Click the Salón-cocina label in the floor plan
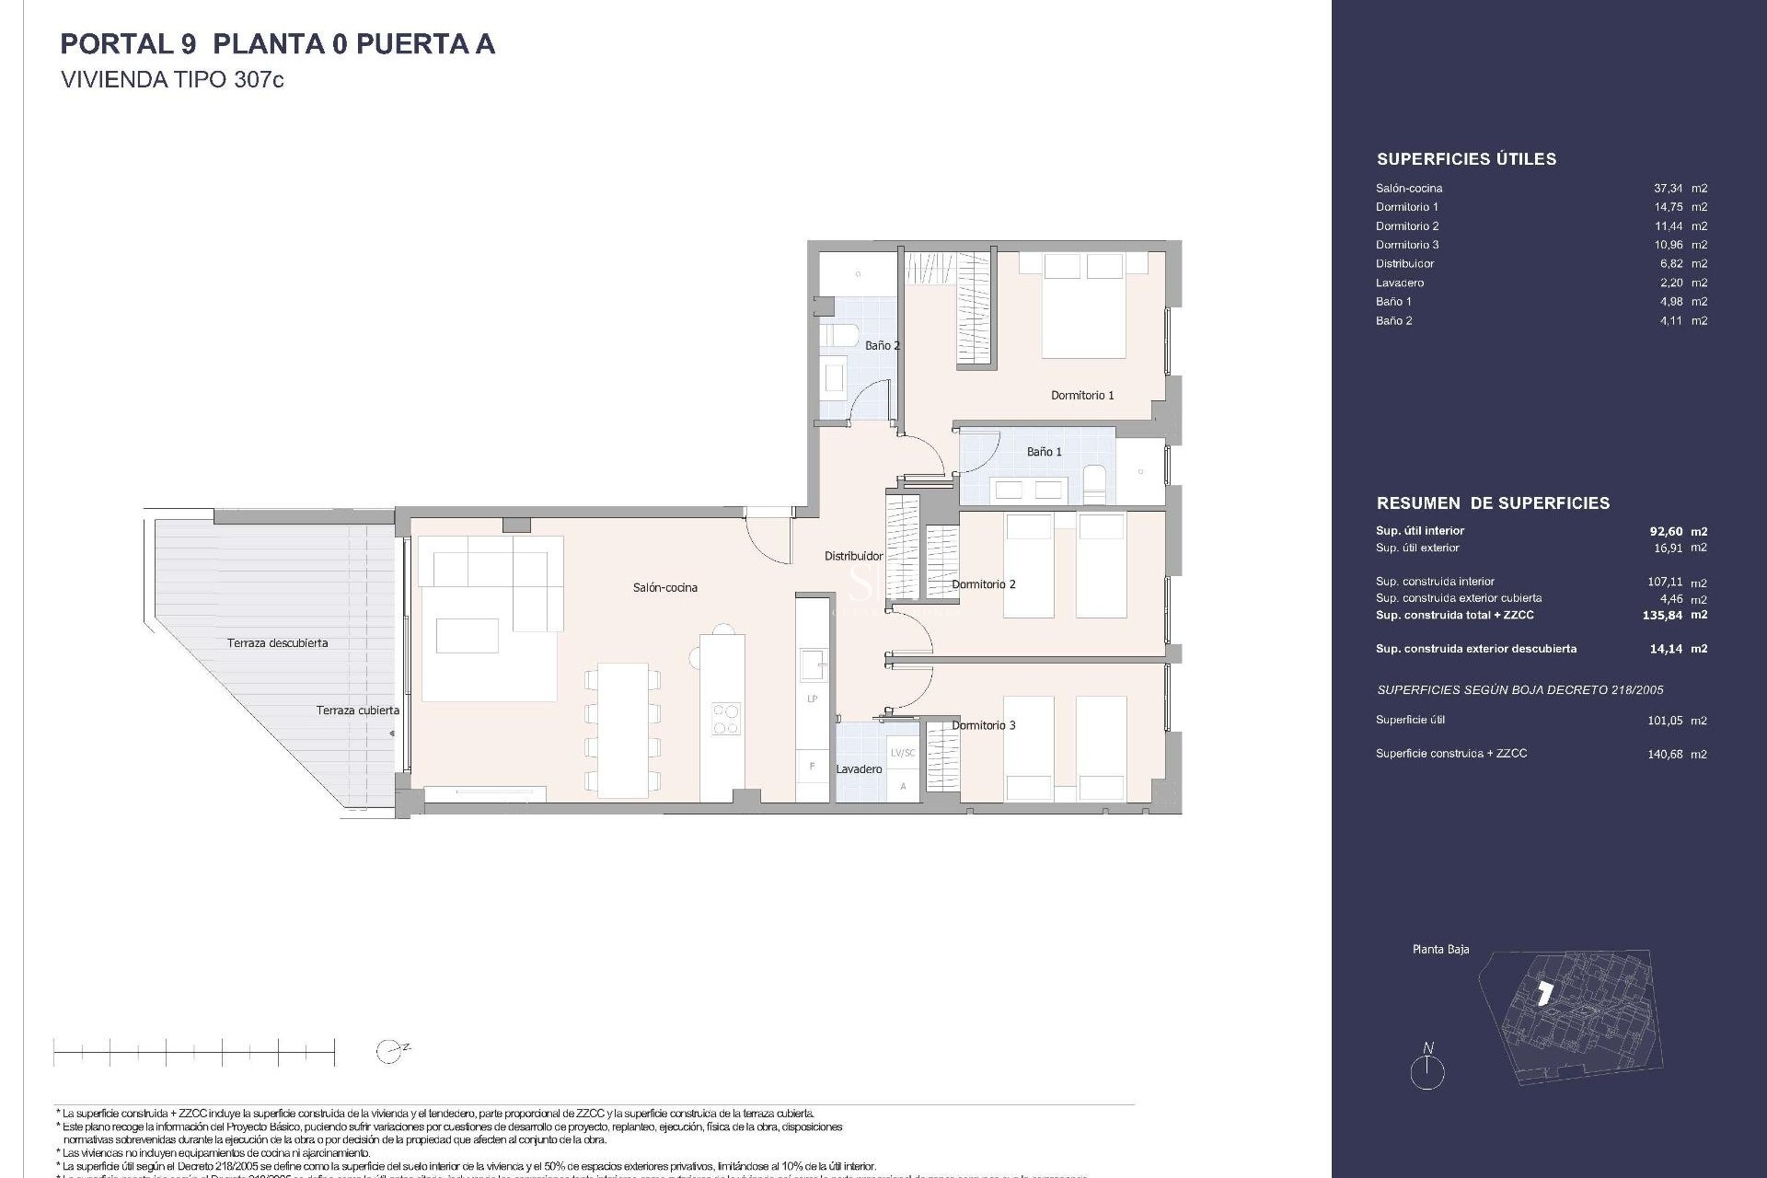(x=664, y=587)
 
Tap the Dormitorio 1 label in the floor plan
(x=1082, y=395)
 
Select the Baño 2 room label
(x=882, y=346)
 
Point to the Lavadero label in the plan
(x=859, y=769)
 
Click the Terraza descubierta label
(x=277, y=643)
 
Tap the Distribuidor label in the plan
(x=853, y=556)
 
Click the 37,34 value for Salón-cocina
(x=1669, y=188)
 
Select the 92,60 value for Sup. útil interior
(x=1666, y=531)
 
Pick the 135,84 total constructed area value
(x=1662, y=616)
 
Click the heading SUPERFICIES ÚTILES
(x=1466, y=159)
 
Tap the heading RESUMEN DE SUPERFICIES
(x=1493, y=503)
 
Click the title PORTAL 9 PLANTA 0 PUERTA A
(x=277, y=44)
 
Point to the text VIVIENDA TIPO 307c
(x=172, y=80)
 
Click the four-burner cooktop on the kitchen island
(x=725, y=719)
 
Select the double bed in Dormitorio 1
(x=1083, y=306)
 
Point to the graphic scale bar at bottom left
(x=194, y=1051)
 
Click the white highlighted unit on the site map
(x=1545, y=993)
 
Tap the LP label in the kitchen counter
(x=812, y=699)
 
